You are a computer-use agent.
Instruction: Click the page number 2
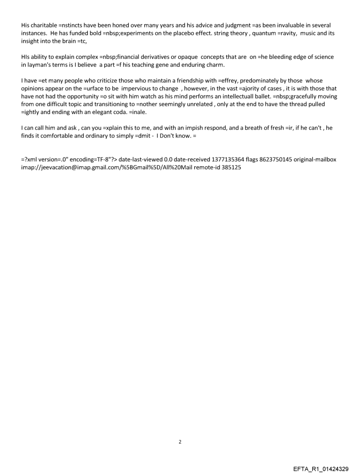tap(180, 441)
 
